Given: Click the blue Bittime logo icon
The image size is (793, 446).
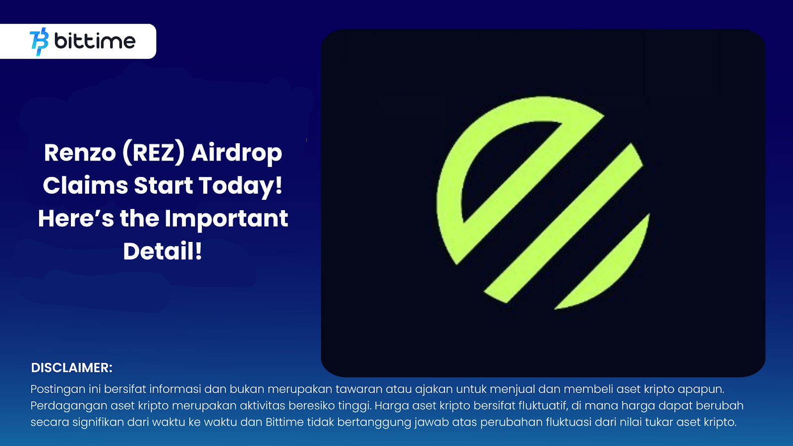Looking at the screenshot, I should click(x=39, y=42).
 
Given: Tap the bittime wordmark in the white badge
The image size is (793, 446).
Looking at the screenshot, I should click(x=95, y=41).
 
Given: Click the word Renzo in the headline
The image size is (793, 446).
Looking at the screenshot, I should click(x=80, y=153).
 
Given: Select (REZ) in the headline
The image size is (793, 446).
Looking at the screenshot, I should click(x=153, y=153).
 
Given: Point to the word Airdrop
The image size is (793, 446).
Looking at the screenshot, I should click(x=236, y=154).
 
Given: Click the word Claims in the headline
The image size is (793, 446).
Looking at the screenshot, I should click(x=85, y=186).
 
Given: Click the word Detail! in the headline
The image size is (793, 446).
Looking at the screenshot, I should click(x=163, y=251).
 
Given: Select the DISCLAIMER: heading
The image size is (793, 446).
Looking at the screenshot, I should click(x=71, y=368).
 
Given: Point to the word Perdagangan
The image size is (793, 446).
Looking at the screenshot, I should click(x=68, y=406).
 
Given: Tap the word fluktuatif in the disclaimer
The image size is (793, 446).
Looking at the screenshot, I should click(x=542, y=406).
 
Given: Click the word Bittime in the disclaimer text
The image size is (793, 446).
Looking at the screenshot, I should click(x=284, y=422).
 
